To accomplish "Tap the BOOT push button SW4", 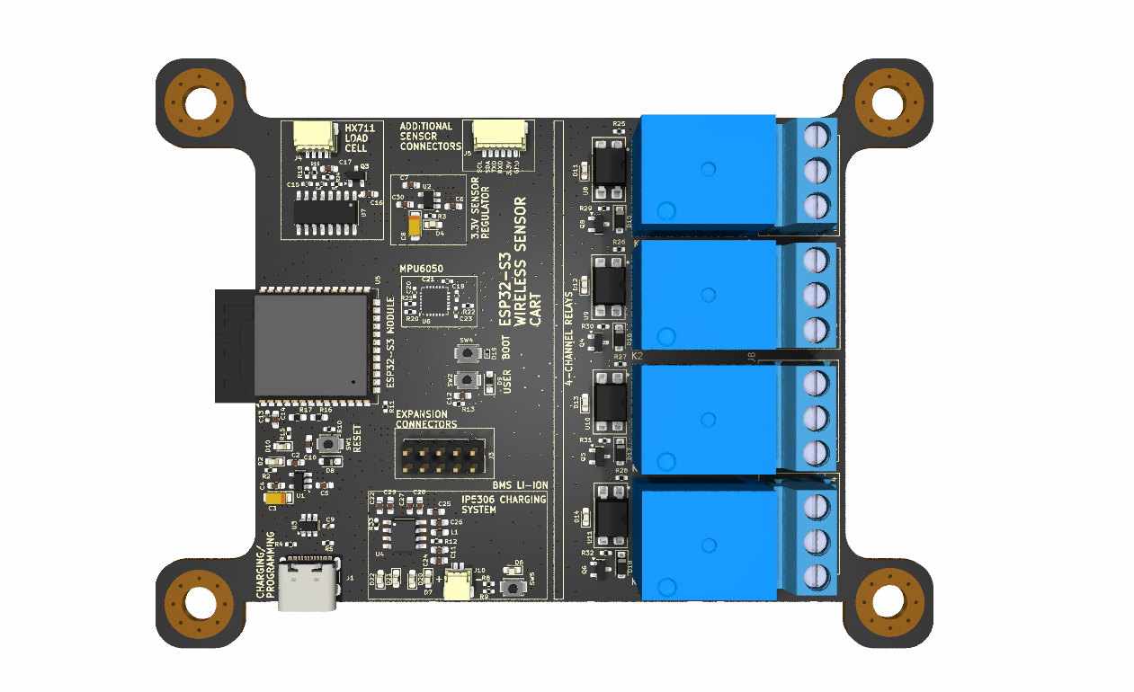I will coord(466,353).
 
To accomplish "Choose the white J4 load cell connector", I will coord(310,138).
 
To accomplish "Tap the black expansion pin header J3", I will coord(441,457).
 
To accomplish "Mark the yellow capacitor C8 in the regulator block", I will coord(414,226).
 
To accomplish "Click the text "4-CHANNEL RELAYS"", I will coord(568,338).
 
